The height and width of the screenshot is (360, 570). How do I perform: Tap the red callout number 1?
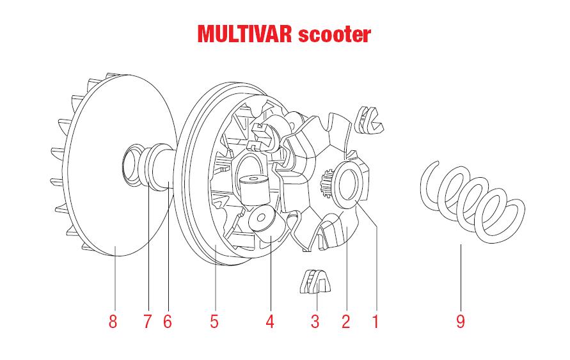[x=376, y=321]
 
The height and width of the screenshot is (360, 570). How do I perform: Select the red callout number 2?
[x=346, y=321]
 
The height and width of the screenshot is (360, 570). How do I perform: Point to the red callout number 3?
[x=315, y=321]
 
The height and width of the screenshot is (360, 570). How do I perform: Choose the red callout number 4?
[x=270, y=321]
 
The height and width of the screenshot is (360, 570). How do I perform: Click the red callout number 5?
[x=214, y=321]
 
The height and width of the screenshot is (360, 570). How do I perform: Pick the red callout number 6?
[x=168, y=321]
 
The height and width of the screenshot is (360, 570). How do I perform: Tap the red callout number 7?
[x=148, y=321]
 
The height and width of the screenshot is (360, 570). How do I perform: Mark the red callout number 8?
[x=113, y=321]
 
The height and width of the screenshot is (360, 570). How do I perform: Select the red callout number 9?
[x=461, y=321]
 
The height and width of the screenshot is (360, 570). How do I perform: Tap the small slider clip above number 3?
[x=315, y=281]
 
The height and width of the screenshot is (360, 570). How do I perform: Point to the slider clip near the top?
[x=370, y=120]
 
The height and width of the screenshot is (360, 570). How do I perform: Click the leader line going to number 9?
[x=461, y=275]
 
